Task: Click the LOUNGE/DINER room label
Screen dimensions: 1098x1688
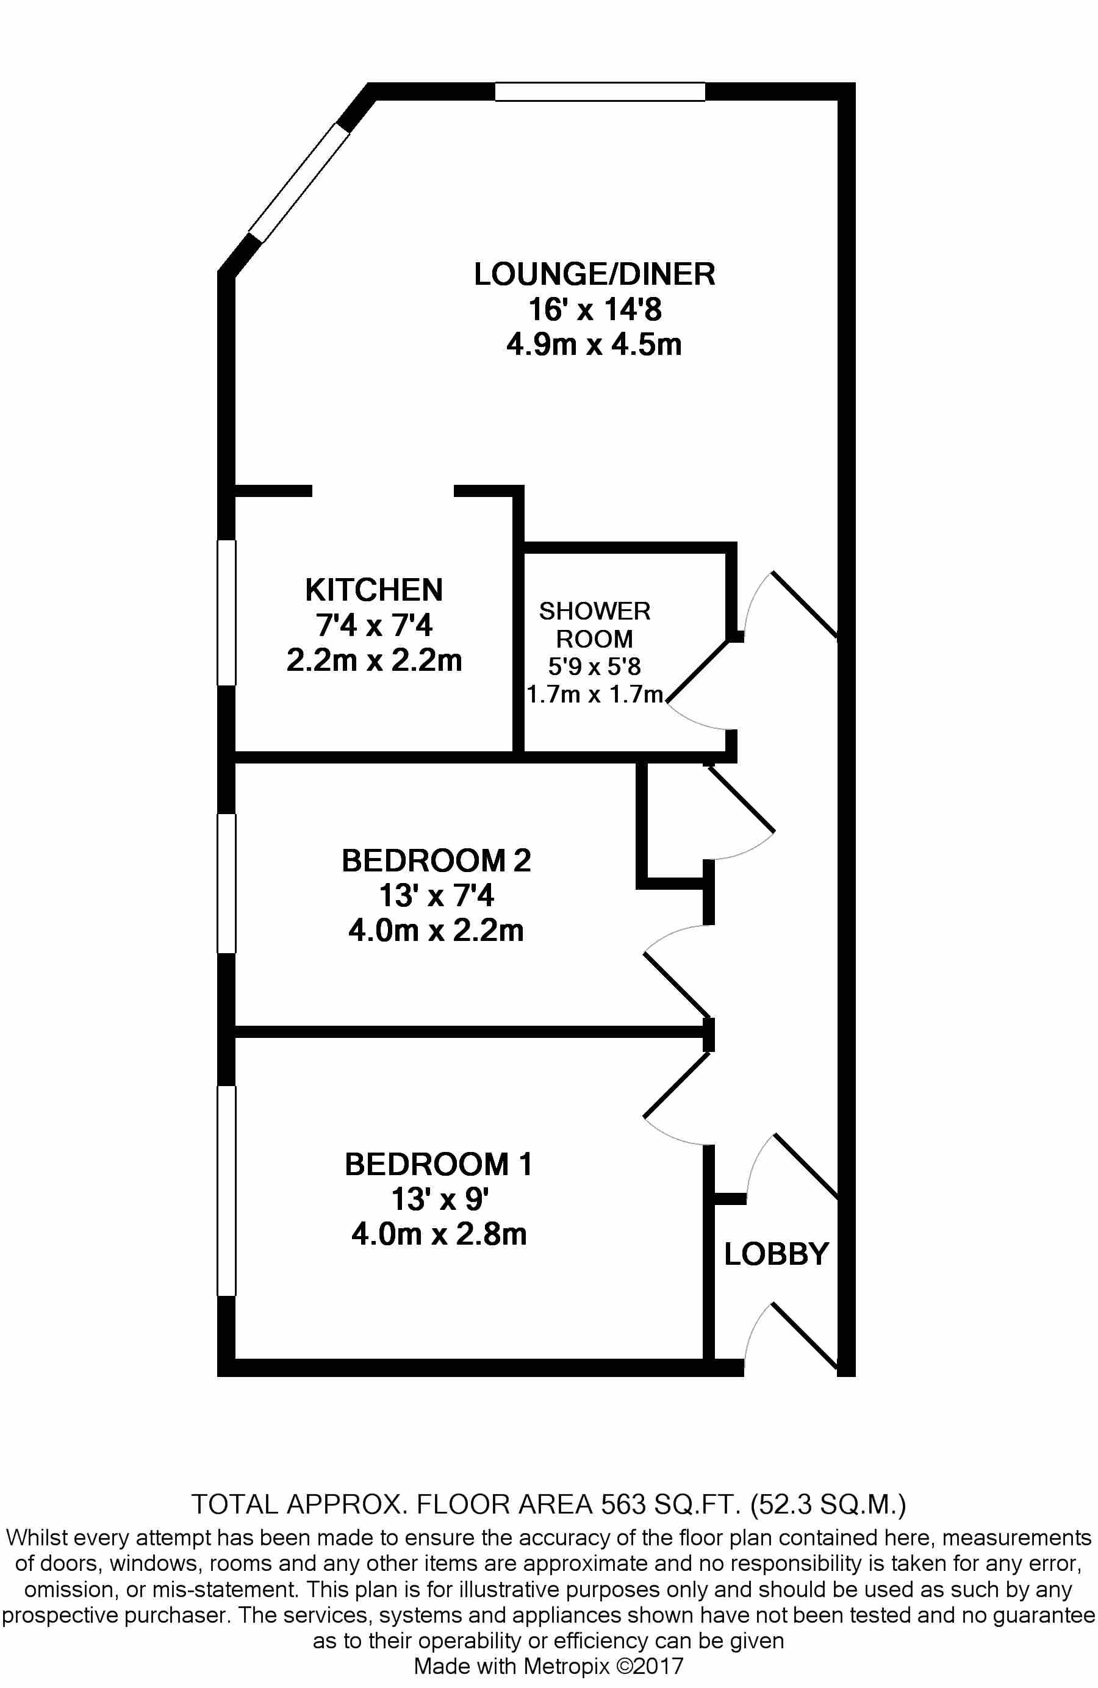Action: point(594,274)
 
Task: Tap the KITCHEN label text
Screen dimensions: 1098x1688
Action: point(374,590)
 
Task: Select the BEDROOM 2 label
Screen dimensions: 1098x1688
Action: point(436,860)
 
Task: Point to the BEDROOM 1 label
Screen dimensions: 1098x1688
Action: point(439,1165)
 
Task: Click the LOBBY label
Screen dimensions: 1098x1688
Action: point(776,1254)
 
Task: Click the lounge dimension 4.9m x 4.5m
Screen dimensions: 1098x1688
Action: point(594,345)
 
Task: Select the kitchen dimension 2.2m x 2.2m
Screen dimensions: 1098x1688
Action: point(374,660)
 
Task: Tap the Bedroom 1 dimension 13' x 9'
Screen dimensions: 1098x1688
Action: point(439,1200)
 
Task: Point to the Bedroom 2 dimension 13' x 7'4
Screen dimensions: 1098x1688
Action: point(436,895)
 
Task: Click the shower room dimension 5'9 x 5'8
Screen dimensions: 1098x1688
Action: point(594,666)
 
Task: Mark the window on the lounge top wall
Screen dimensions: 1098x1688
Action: point(600,92)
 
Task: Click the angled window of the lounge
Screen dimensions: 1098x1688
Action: point(300,183)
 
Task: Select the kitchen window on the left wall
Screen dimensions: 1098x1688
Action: point(226,613)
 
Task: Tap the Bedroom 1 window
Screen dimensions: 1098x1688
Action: point(226,1191)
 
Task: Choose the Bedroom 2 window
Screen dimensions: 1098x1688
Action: point(226,883)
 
